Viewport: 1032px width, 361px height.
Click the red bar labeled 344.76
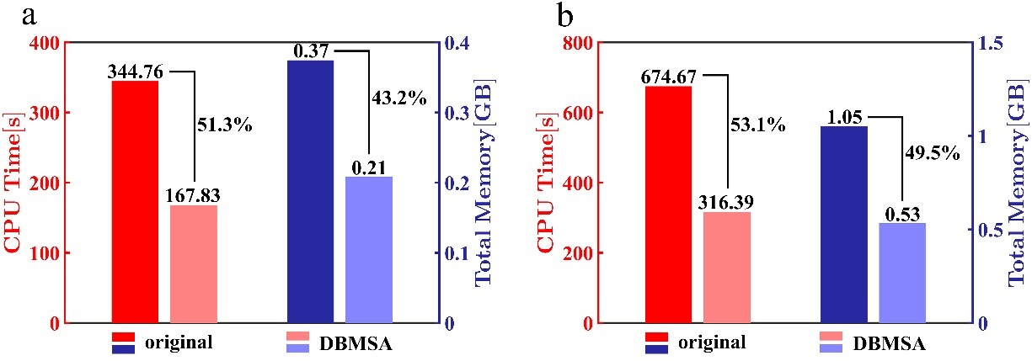click(135, 202)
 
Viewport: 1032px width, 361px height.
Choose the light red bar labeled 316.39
click(727, 268)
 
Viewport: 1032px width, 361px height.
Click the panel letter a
click(12, 14)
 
